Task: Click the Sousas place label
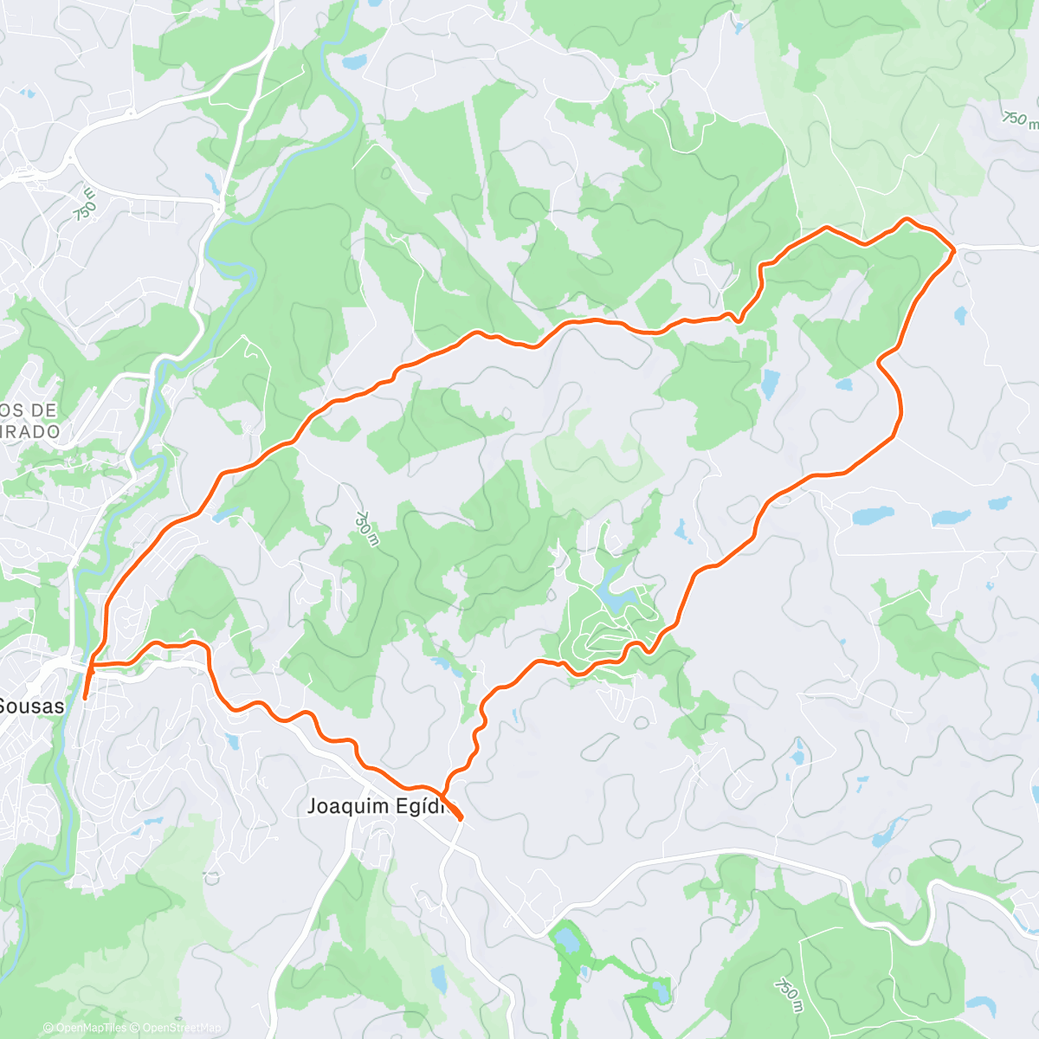tap(32, 706)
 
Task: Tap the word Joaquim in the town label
tap(343, 806)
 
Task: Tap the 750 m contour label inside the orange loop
tap(366, 528)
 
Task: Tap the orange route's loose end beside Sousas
tap(84, 697)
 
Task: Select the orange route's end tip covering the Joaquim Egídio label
tap(460, 816)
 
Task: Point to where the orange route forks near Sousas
tap(92, 665)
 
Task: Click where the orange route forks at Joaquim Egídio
tap(443, 797)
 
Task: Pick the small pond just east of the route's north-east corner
tap(960, 315)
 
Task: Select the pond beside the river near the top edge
tap(354, 62)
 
